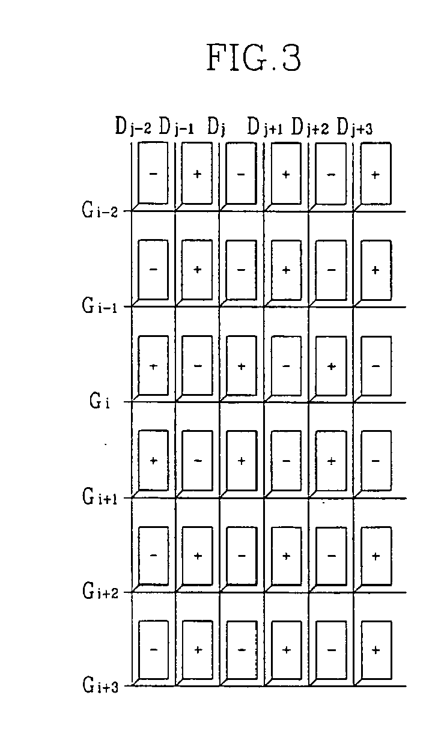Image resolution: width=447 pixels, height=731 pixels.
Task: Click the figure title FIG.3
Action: pos(253,58)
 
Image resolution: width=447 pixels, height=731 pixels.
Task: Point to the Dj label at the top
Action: pos(216,127)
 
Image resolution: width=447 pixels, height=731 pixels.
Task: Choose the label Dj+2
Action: pos(310,127)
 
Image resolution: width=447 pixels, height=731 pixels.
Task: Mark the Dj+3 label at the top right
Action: pos(355,127)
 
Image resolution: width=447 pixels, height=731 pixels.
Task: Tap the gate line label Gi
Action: pos(99,401)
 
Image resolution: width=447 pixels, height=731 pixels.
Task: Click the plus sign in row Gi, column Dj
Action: pos(241,366)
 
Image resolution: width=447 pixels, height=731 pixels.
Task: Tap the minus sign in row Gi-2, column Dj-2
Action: pos(153,174)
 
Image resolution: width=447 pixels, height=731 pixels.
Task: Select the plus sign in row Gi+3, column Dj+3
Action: pos(376,649)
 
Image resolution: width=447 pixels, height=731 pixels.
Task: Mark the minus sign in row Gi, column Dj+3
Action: pos(376,366)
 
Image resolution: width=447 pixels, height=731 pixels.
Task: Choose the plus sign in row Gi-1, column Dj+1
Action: pos(286,270)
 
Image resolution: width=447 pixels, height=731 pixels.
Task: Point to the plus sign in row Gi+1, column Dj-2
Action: pos(153,461)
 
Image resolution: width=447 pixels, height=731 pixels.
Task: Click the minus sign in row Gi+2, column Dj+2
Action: pos(331,556)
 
